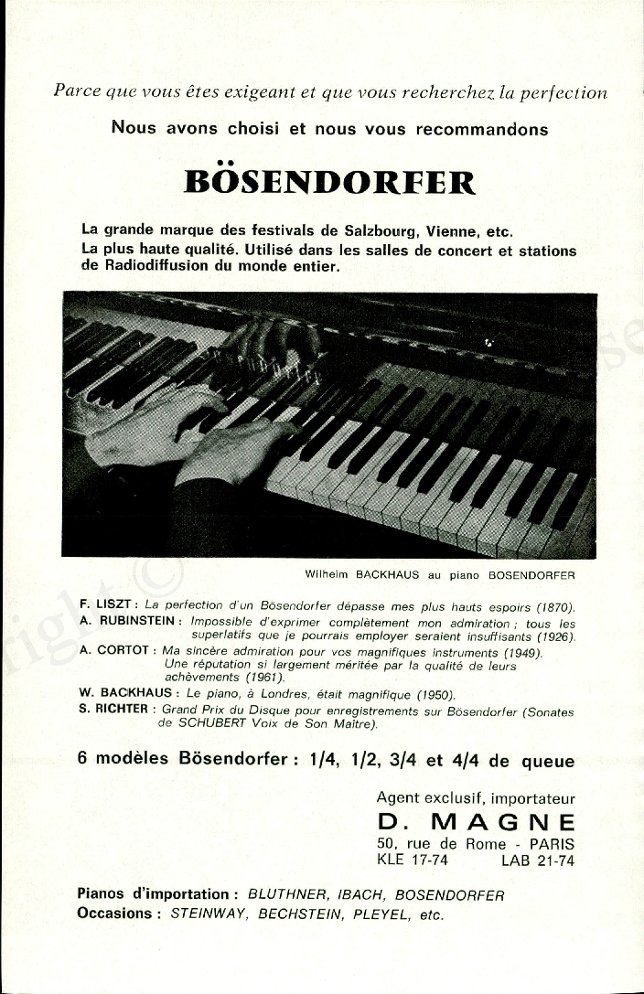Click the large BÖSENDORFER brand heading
click(x=330, y=182)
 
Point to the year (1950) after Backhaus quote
click(x=435, y=694)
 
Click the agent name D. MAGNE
click(x=476, y=822)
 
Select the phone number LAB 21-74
click(x=538, y=860)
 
